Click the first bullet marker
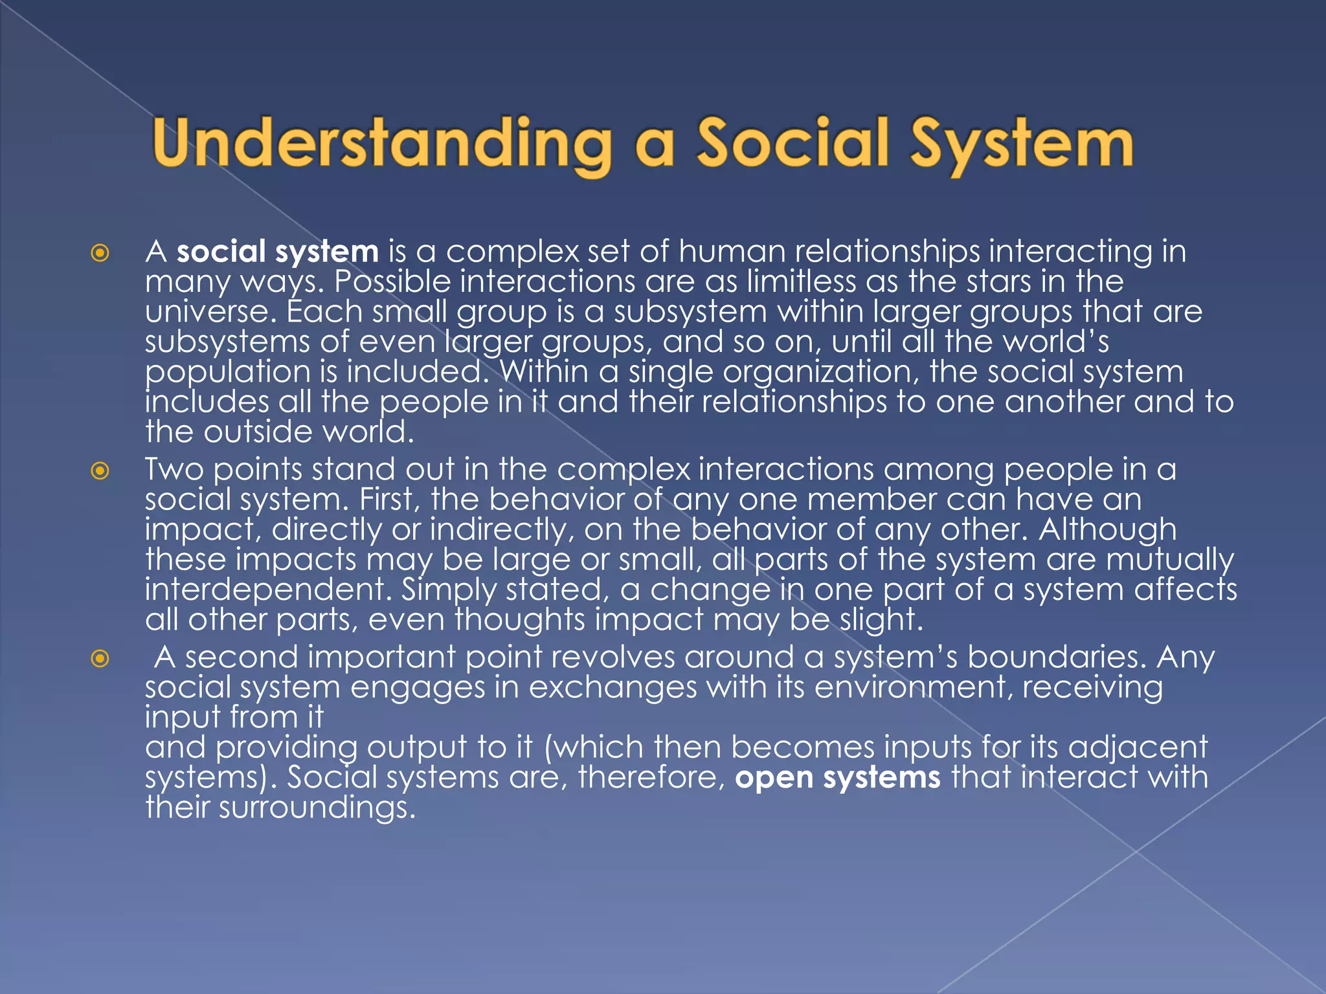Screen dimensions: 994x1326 point(100,252)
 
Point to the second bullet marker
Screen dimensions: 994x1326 point(100,470)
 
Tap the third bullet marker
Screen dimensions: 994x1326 point(100,659)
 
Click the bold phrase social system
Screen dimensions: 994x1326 point(278,252)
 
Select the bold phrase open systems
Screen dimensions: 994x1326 point(837,777)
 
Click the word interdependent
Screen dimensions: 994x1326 point(267,590)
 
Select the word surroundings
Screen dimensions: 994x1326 point(317,808)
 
